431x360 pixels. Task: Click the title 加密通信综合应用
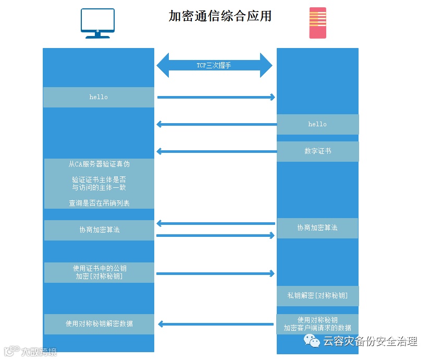tap(220, 16)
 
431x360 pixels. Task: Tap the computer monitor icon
tap(97, 23)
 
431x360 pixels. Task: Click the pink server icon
tap(317, 23)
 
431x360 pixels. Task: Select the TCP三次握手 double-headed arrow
tap(214, 65)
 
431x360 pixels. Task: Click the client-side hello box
tap(98, 97)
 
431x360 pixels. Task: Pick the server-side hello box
tap(317, 124)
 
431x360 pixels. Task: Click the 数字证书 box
tap(317, 151)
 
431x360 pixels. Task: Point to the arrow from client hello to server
tap(216, 97)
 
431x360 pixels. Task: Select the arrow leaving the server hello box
tap(216, 124)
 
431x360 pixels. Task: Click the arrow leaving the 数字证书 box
tap(216, 151)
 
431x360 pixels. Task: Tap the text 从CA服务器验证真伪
tap(99, 164)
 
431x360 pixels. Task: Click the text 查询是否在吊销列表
tap(99, 203)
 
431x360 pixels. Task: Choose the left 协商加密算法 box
tap(99, 230)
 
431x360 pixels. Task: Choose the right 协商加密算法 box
tap(317, 228)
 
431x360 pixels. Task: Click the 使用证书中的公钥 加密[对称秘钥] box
tap(99, 272)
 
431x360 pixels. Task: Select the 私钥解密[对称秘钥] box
tap(317, 296)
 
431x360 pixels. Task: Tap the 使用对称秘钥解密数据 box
tap(99, 324)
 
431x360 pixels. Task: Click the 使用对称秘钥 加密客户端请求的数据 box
tap(317, 324)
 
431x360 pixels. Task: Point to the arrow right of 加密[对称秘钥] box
tap(215, 273)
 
